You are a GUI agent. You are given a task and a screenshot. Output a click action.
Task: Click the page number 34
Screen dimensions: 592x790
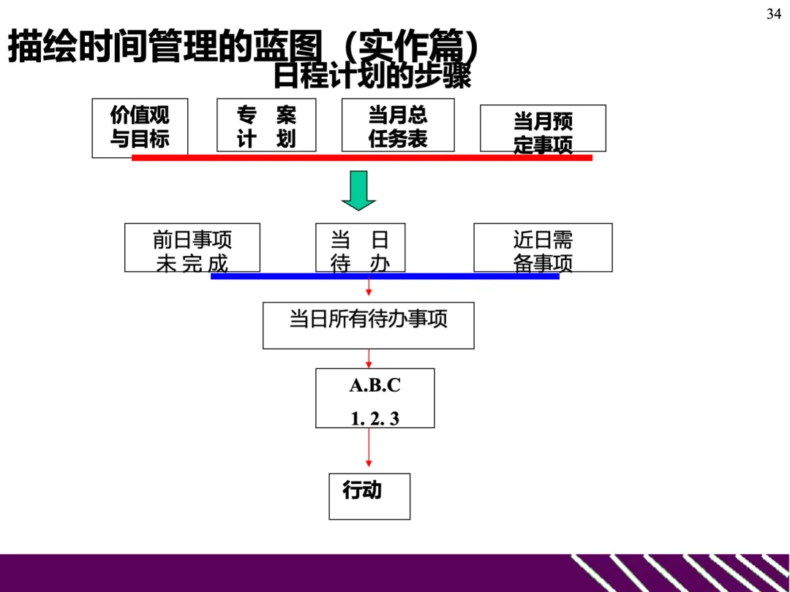(x=774, y=15)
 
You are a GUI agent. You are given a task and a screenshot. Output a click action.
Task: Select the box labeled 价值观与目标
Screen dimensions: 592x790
(x=140, y=127)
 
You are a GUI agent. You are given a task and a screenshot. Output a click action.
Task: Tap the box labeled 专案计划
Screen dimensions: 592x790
(x=266, y=125)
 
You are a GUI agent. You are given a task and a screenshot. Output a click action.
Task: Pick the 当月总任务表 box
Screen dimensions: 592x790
(x=398, y=125)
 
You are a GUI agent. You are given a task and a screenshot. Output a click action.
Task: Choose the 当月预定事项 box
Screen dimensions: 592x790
(x=543, y=128)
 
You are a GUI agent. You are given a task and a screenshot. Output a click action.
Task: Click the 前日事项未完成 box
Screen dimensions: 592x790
(x=192, y=247)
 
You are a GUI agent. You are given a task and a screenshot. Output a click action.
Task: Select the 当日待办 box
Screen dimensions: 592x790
(x=359, y=247)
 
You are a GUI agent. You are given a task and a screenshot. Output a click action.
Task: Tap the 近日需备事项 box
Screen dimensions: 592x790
(x=543, y=247)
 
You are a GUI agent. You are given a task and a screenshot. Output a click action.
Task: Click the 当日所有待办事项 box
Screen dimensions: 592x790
(x=368, y=325)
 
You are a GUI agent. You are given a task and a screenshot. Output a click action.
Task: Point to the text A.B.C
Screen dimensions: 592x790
(x=375, y=386)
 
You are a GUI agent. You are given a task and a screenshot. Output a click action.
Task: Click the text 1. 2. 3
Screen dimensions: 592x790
(x=375, y=419)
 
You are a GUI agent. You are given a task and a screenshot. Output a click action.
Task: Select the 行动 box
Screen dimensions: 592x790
(x=369, y=496)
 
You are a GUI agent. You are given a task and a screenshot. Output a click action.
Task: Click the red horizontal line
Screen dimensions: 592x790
(x=361, y=157)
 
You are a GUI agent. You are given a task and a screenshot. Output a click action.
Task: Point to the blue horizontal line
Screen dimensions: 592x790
(x=385, y=276)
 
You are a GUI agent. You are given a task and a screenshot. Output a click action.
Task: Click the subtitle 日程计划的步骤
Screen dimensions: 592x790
(x=372, y=76)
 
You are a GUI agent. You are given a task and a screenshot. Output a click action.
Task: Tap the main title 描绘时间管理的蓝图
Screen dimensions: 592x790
(x=165, y=48)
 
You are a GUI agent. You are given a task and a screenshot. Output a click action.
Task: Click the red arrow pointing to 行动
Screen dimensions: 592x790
(x=369, y=449)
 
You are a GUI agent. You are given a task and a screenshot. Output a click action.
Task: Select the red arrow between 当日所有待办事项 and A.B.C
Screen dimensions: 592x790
(x=369, y=358)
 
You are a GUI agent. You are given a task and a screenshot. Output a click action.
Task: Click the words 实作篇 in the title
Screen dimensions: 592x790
(x=411, y=48)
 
